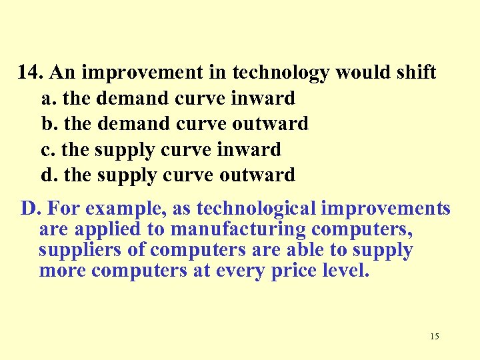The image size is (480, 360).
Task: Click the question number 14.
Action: point(30,72)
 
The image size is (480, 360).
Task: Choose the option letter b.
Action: point(47,124)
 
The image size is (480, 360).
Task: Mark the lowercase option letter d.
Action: point(47,175)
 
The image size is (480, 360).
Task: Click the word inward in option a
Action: point(263,99)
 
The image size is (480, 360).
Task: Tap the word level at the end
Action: point(344,271)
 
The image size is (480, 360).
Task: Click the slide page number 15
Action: point(435,336)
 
